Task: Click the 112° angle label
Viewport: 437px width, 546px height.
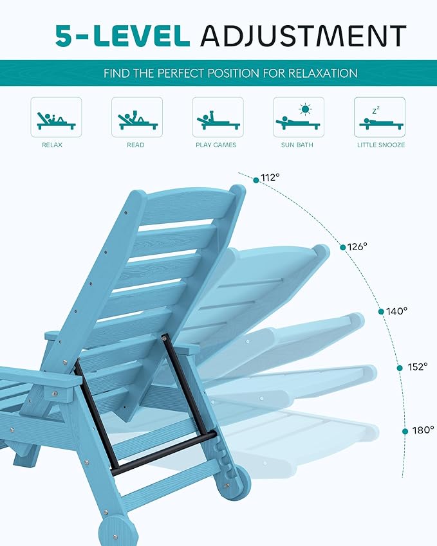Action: [x=270, y=178]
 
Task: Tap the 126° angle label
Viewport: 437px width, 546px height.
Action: [x=357, y=246]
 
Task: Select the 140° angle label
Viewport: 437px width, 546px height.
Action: [x=397, y=311]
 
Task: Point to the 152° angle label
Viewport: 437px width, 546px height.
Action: [x=417, y=367]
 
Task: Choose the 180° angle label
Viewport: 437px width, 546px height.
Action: [x=423, y=430]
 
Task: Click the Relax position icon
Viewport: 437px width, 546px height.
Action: [x=56, y=117]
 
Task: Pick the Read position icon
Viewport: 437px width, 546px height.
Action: [x=136, y=117]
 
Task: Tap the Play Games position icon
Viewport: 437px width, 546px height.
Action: [x=218, y=117]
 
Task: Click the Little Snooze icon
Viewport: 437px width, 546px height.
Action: [x=379, y=117]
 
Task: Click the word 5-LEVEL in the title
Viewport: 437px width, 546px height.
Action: [x=122, y=35]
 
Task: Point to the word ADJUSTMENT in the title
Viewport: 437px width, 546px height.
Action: [x=303, y=35]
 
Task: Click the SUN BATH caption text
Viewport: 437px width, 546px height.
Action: [x=297, y=145]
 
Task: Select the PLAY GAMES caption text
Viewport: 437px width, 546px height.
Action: [x=216, y=145]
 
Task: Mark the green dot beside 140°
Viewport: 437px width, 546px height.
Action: [x=381, y=311]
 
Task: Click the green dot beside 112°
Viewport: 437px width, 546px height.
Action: [x=256, y=180]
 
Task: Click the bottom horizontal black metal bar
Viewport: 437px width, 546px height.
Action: [x=164, y=453]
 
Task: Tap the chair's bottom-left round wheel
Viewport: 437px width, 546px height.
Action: [x=117, y=531]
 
